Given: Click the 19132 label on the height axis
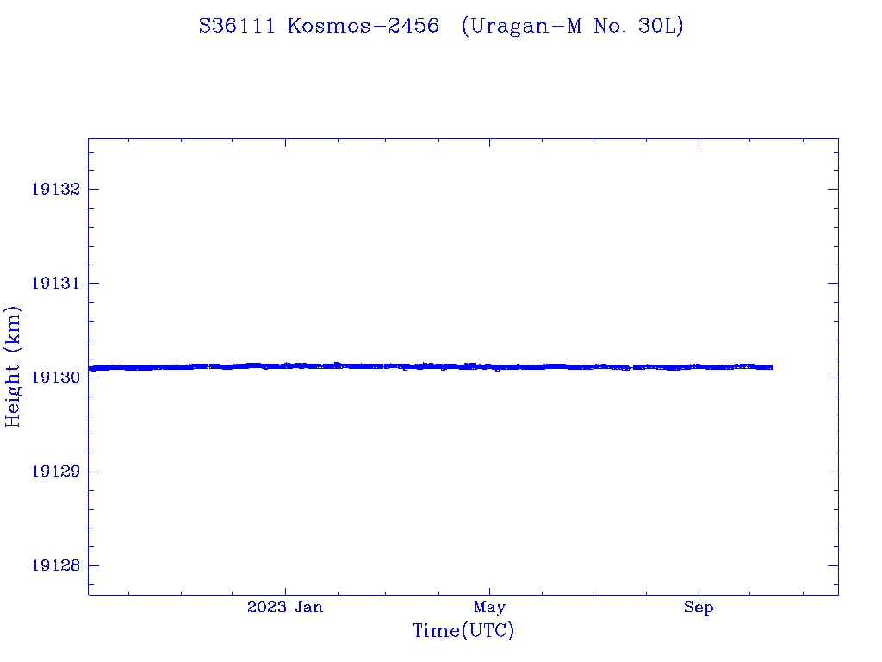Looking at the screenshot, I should pos(55,189).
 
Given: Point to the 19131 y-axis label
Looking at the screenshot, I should pos(55,284).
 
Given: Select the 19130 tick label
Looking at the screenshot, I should pos(55,378).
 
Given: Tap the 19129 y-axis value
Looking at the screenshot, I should pos(55,472).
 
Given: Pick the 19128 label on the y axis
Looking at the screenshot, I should pos(55,565).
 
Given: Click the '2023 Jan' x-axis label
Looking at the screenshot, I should pos(285,608).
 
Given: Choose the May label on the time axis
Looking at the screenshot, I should pos(489,608).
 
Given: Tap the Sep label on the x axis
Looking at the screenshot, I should pos(699,608).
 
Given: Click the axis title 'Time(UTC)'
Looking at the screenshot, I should pos(463,631).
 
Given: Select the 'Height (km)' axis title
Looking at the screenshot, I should pos(13,366).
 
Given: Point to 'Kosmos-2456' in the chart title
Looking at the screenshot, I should pos(363,27).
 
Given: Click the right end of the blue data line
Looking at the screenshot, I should pos(772,367).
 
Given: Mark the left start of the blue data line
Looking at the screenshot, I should pos(90,368).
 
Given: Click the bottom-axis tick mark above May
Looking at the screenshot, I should pos(489,590).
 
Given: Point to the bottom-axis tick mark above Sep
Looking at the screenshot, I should pos(699,590).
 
